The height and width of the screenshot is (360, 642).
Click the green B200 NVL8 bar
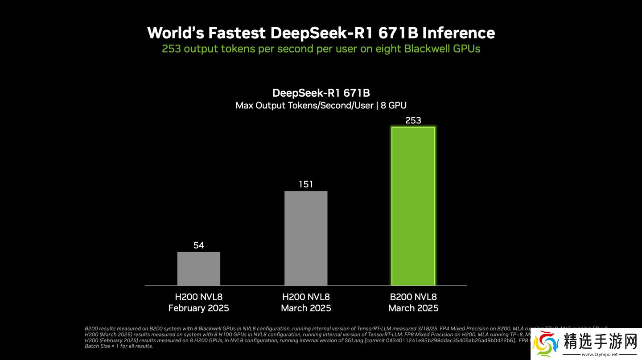click(413, 206)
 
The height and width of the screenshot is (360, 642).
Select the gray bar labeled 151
click(306, 238)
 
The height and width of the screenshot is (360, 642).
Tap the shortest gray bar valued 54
click(198, 268)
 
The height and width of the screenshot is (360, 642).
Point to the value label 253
click(413, 120)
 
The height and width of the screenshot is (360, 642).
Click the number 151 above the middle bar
click(306, 184)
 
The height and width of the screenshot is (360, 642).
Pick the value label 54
click(198, 245)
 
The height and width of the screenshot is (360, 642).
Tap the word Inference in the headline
click(459, 33)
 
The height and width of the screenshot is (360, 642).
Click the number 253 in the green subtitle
click(171, 49)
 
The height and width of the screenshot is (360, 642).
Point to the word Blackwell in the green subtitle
click(427, 49)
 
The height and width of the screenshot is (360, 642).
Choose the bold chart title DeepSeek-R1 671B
click(321, 93)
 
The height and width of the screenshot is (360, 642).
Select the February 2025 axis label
click(198, 308)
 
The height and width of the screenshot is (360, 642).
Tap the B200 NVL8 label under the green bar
click(413, 297)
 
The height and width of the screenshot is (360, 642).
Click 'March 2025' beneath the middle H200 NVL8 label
click(306, 308)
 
